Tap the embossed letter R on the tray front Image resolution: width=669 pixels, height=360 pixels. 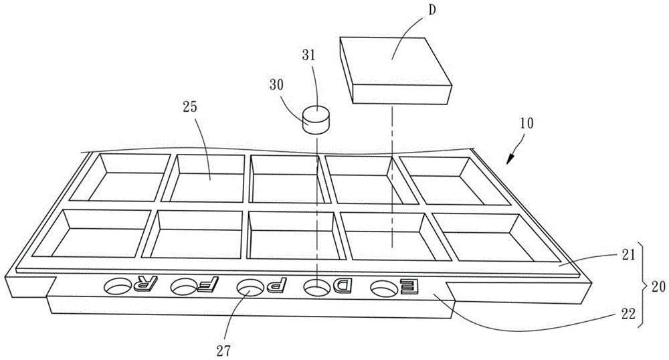pos(142,286)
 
